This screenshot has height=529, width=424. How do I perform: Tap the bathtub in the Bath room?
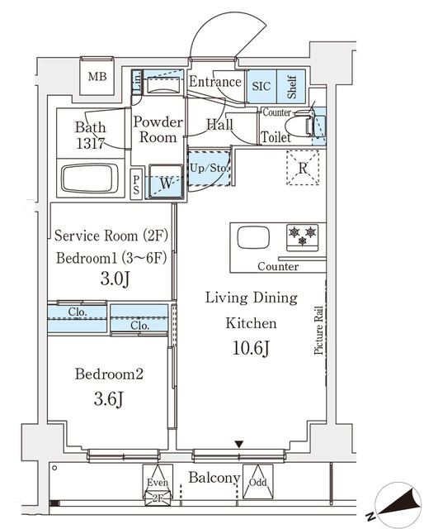pyautogui.click(x=90, y=179)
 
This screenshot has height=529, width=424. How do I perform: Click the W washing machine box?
pyautogui.click(x=166, y=183)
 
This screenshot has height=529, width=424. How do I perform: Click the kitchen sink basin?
pyautogui.click(x=253, y=238)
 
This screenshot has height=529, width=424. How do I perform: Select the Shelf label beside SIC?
pyautogui.click(x=291, y=84)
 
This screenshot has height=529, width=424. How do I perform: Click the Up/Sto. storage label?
pyautogui.click(x=209, y=168)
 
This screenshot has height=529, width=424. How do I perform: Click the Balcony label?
pyautogui.click(x=214, y=479)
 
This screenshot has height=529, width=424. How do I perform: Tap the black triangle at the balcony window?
pyautogui.click(x=239, y=446)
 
